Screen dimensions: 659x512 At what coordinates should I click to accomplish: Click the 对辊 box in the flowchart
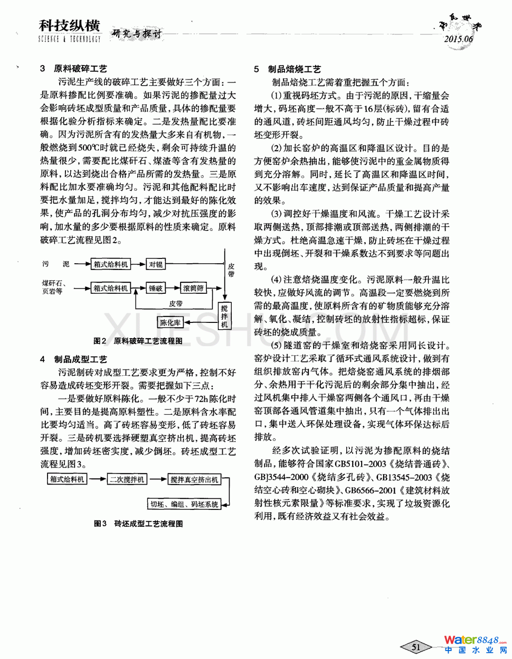(156, 264)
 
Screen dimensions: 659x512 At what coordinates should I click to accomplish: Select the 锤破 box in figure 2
(156, 289)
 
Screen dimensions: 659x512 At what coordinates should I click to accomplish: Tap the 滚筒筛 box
(193, 289)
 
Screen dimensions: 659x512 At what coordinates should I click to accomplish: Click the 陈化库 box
(170, 322)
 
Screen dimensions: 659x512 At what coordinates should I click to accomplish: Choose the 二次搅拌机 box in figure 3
(127, 479)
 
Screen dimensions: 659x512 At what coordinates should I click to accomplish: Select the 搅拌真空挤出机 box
(194, 479)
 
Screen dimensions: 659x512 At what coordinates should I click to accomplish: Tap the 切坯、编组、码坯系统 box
(184, 504)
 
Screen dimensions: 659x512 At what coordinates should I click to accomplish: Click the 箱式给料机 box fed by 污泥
(111, 264)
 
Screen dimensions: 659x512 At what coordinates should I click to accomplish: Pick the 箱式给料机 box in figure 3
(67, 479)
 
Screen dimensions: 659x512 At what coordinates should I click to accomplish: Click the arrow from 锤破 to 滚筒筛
(173, 289)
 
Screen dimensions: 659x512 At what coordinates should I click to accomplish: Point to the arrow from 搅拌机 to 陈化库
(201, 322)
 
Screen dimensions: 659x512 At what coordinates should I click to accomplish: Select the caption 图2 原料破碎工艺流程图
(138, 341)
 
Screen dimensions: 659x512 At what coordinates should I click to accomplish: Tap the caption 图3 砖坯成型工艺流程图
(138, 524)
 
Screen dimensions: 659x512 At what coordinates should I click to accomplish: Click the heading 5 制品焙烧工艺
(287, 69)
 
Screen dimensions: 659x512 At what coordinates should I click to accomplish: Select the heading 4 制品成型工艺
(73, 359)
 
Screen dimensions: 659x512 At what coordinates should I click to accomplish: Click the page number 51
(416, 646)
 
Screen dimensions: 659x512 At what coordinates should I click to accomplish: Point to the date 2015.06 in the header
(458, 39)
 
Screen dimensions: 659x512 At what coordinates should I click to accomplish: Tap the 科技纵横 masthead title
(69, 25)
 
